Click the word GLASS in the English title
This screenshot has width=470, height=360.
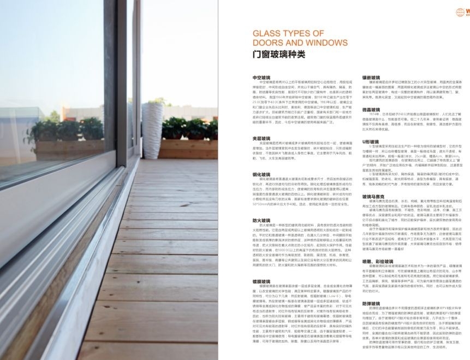(266, 33)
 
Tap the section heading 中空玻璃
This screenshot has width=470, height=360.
(261, 78)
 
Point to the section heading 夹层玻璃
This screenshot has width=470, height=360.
(261, 139)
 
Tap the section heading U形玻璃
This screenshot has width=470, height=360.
(371, 141)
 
